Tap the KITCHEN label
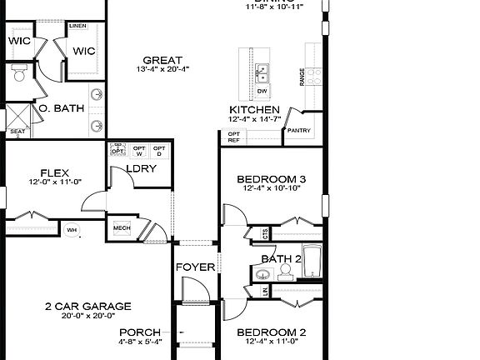pyautogui.click(x=253, y=109)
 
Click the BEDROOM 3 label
pyautogui.click(x=272, y=179)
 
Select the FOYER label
pyautogui.click(x=195, y=267)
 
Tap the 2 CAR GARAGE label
pyautogui.click(x=87, y=306)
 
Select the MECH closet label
pyautogui.click(x=122, y=227)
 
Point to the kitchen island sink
pyautogui.click(x=262, y=71)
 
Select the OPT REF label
pyautogui.click(x=234, y=137)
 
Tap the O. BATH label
pyautogui.click(x=62, y=108)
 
